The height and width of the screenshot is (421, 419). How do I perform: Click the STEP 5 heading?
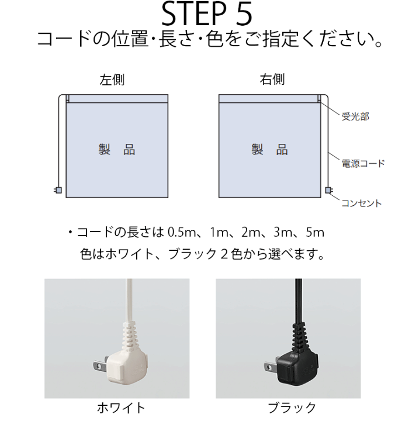point(207,14)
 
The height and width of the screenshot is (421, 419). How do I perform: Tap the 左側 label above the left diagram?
point(112,80)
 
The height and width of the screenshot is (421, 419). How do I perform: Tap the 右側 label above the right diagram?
point(272,80)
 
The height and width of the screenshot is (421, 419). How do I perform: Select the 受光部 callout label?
point(355,116)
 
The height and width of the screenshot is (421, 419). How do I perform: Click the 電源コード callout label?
point(363,163)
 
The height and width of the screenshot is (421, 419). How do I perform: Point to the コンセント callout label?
point(361,203)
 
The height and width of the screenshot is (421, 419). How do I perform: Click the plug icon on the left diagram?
point(58,190)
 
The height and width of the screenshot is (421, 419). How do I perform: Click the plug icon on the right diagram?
point(329,190)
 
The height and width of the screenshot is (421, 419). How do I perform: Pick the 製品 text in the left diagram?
point(117,150)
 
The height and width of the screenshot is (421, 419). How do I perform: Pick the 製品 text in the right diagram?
point(269,150)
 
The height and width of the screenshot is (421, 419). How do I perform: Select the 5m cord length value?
point(315,233)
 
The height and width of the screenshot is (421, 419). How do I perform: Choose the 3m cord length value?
point(282,233)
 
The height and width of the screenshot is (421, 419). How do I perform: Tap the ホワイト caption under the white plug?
point(121,408)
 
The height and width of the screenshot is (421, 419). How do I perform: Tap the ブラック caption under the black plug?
point(292,408)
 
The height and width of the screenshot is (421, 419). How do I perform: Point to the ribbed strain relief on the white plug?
point(129,336)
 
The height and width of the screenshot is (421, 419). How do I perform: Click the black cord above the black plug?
point(299,301)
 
